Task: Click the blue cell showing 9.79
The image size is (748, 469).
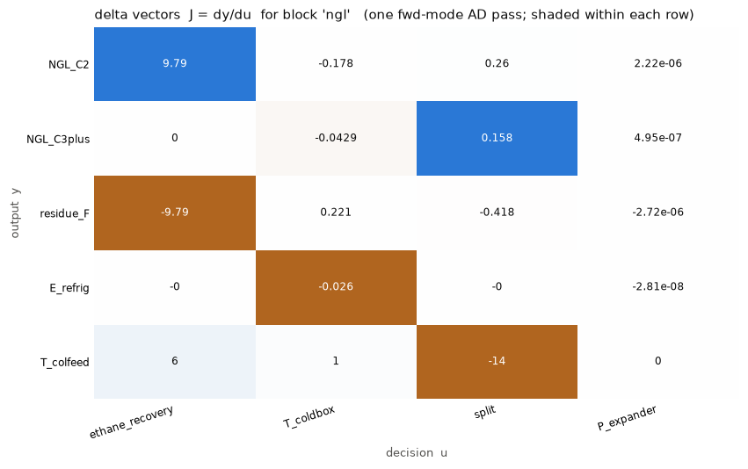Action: click(175, 64)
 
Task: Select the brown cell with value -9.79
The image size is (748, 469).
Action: click(175, 213)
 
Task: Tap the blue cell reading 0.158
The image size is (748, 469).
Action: click(497, 138)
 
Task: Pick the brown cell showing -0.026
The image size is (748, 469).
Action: click(336, 287)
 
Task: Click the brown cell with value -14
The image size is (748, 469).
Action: click(497, 362)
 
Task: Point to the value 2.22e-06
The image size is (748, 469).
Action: click(657, 63)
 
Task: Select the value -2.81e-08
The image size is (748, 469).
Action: click(657, 286)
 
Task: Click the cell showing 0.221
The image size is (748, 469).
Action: click(336, 212)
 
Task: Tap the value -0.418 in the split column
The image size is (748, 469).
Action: click(497, 212)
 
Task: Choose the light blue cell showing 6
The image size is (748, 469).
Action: click(175, 362)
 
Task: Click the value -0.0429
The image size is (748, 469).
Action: click(336, 138)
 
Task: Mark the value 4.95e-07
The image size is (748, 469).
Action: click(657, 138)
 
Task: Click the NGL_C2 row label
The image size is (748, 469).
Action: click(69, 65)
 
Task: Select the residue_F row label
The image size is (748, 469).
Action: click(64, 213)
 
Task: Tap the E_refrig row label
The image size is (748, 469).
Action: click(69, 288)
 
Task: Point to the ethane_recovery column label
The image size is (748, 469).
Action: click(131, 422)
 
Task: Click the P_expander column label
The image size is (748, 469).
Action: click(627, 418)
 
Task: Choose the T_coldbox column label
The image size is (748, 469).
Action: click(309, 417)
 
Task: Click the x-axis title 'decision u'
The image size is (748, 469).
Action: click(417, 453)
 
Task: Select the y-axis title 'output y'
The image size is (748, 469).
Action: click(15, 213)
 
